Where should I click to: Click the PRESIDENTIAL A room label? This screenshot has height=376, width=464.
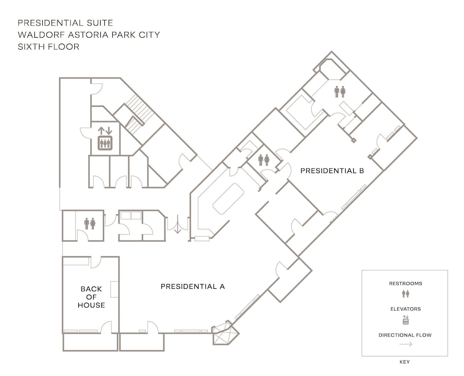[x=193, y=286]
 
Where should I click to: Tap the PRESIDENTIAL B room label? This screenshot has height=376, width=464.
[x=332, y=170]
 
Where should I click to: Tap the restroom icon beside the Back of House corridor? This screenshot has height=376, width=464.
[x=90, y=224]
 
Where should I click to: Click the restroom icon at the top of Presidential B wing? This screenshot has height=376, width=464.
[x=340, y=91]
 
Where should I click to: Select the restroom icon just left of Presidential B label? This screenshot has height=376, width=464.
[x=264, y=160]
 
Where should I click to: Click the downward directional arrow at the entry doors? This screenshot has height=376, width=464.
[x=177, y=227]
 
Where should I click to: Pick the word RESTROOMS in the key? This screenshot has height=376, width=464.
[x=405, y=283]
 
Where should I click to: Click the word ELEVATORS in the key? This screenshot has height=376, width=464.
[x=405, y=308]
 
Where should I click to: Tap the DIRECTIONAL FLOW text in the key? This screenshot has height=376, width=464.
[x=405, y=335]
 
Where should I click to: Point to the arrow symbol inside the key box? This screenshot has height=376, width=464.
[x=405, y=344]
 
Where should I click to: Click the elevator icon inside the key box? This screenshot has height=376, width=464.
[x=405, y=319]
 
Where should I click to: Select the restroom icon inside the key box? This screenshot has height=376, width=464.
[x=405, y=293]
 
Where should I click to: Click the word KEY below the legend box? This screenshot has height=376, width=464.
[x=405, y=362]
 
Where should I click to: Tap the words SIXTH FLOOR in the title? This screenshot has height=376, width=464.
[x=49, y=47]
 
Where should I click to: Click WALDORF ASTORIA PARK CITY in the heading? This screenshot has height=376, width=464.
[x=89, y=35]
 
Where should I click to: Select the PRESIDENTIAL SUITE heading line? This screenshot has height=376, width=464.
[x=65, y=23]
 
